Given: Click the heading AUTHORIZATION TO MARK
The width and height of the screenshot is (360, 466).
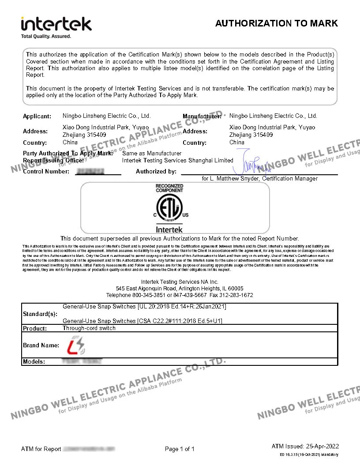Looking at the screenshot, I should click(x=276, y=23).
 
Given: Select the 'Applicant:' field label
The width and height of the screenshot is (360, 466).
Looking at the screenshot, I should click(x=37, y=116).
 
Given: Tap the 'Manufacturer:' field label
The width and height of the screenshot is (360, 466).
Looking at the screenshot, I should click(x=202, y=116).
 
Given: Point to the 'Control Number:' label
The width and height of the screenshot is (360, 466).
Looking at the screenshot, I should click(x=46, y=171).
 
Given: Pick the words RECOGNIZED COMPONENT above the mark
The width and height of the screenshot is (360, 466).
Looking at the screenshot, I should click(x=169, y=188).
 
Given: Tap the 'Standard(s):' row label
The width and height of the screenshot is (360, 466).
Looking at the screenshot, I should click(x=40, y=314).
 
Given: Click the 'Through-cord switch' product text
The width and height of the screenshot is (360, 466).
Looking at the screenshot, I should click(x=89, y=328).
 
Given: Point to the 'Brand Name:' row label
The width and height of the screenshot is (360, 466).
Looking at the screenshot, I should click(x=41, y=345).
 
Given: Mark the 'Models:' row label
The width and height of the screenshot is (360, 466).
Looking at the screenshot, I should click(x=34, y=362).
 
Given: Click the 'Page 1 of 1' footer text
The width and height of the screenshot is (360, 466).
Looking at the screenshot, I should click(x=180, y=449).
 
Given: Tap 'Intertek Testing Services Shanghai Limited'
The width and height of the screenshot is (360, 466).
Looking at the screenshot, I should click(x=177, y=161).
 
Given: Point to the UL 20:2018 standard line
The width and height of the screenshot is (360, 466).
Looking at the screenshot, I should click(x=144, y=306).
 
